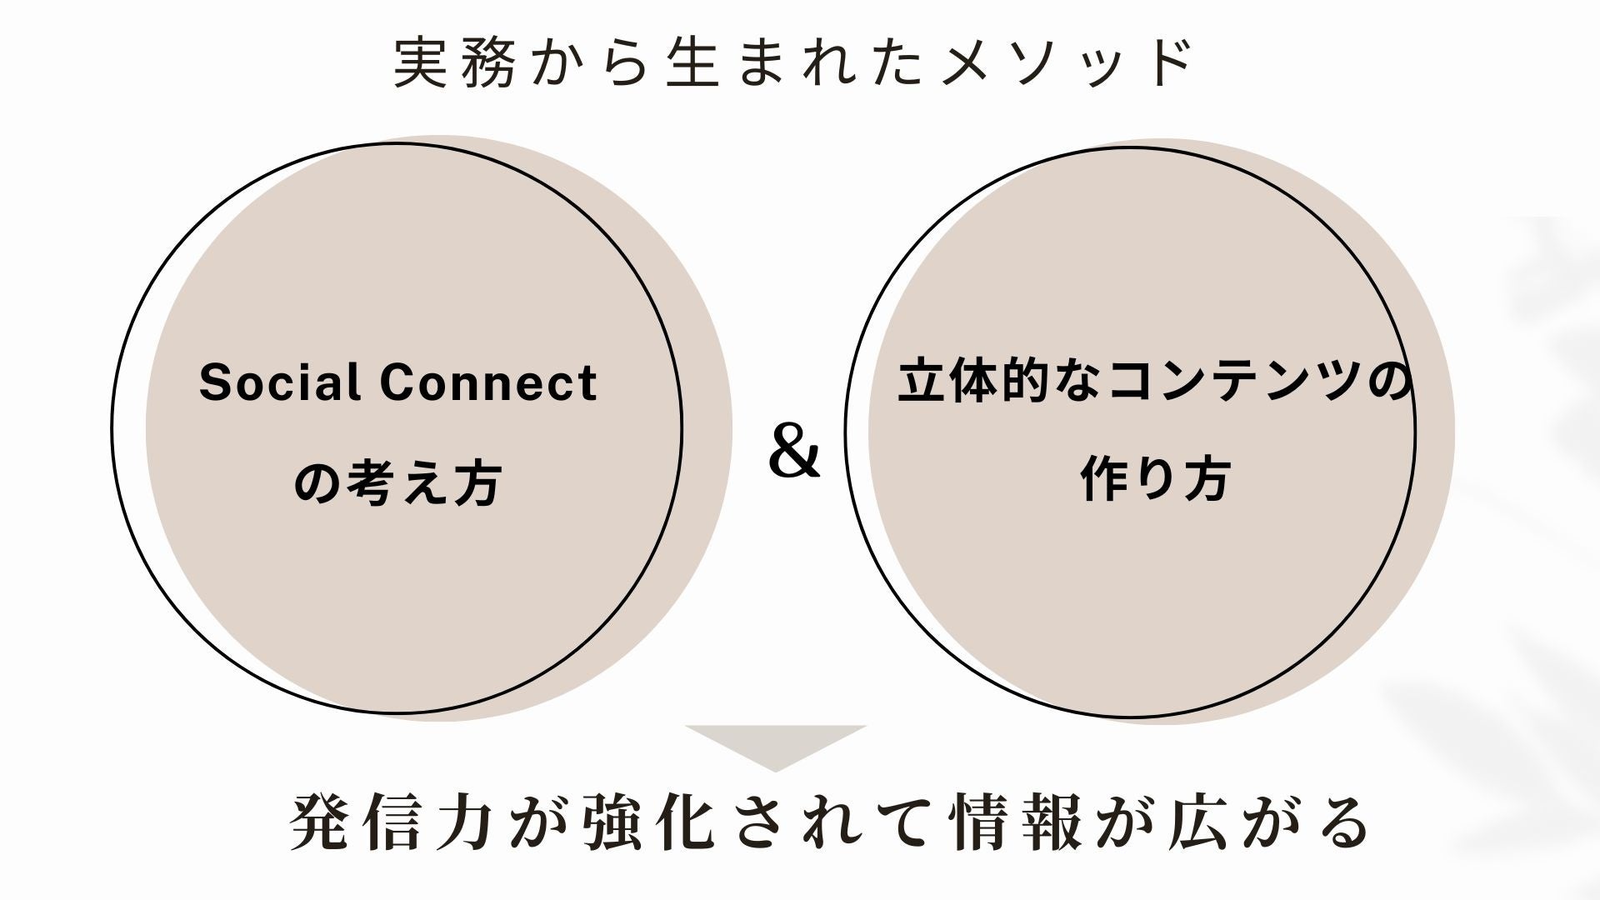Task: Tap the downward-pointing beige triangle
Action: pyautogui.click(x=776, y=744)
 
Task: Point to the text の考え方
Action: pyautogui.click(x=397, y=484)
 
